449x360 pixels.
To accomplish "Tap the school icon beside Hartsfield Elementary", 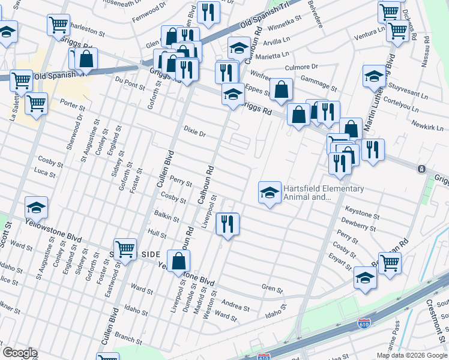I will (x=270, y=193).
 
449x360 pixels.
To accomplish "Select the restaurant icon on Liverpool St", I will (x=228, y=224).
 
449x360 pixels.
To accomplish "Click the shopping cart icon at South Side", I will (x=125, y=248).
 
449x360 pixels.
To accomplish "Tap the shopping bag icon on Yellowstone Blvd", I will (x=178, y=261).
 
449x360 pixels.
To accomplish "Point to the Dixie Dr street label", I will (x=194, y=131).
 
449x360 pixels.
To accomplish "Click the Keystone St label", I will (x=361, y=212).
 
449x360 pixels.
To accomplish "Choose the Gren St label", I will (x=272, y=289).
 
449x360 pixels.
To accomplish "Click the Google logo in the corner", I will (x=20, y=353).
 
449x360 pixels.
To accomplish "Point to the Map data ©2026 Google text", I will (x=412, y=355).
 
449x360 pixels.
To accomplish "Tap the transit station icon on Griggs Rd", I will (x=422, y=169).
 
